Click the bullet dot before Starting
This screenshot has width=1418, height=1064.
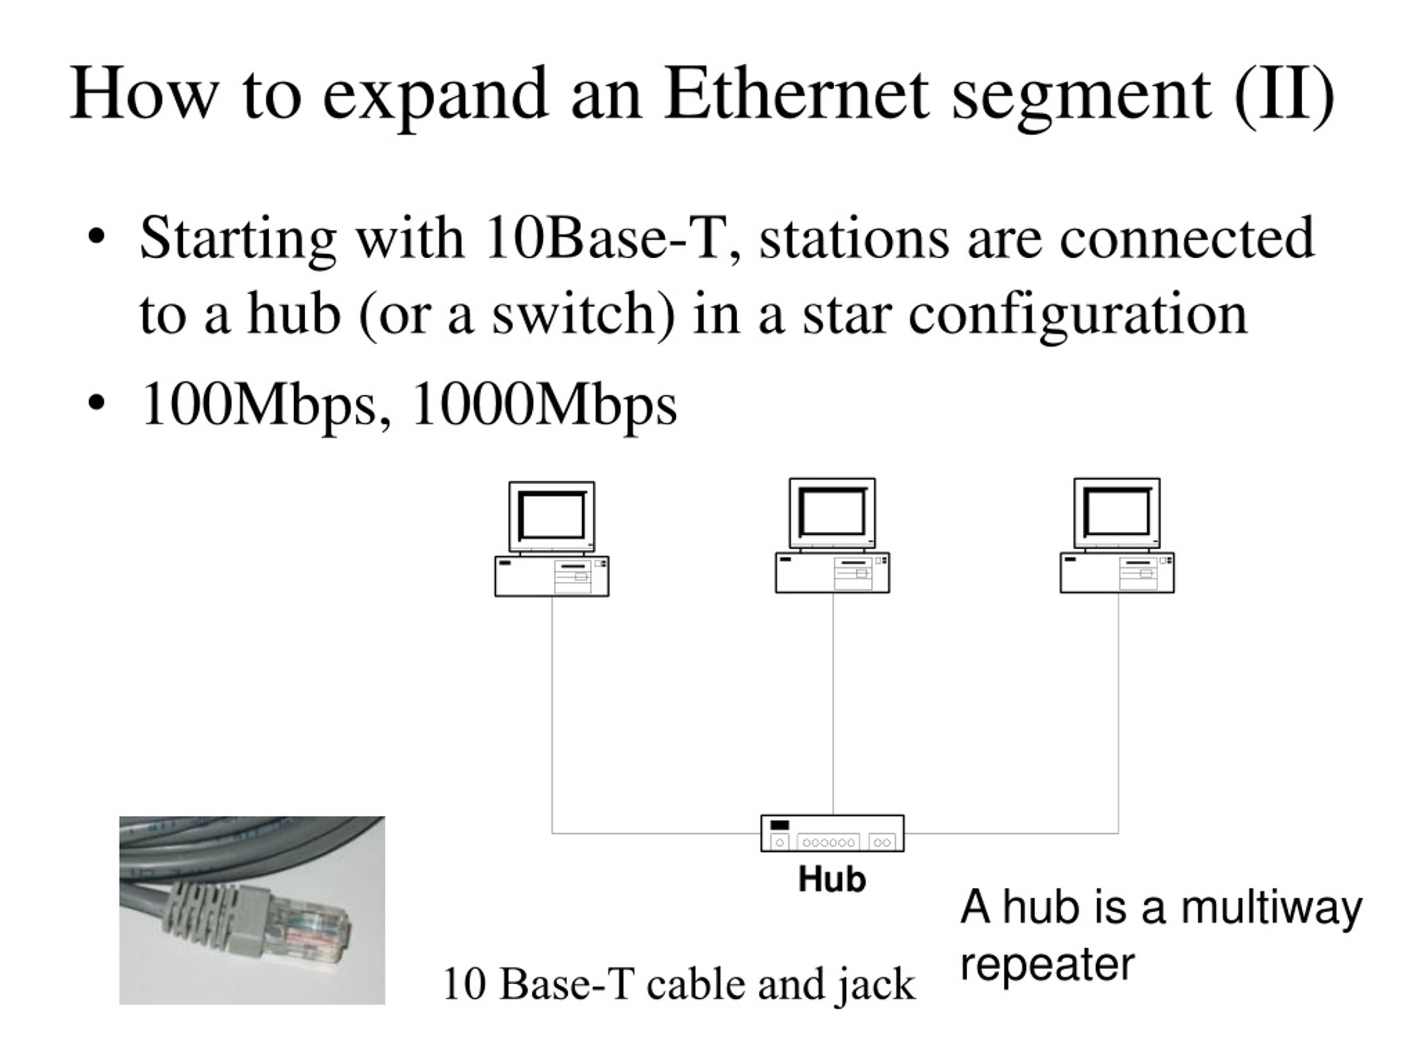(96, 237)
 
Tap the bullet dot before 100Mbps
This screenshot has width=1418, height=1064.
(96, 404)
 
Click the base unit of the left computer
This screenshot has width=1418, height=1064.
(551, 576)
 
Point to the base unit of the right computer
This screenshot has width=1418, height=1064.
(1117, 572)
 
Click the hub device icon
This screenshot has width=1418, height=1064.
(832, 833)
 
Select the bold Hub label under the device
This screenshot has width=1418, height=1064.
(832, 879)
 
